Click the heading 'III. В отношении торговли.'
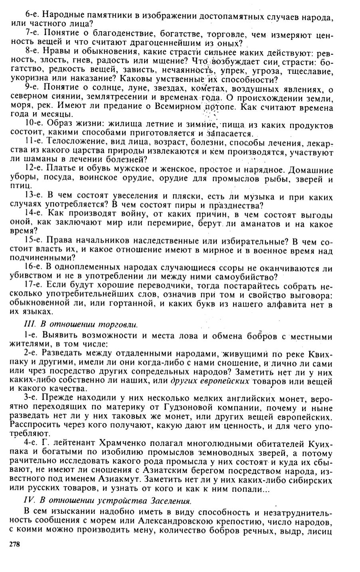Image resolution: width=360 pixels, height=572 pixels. click(81, 325)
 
